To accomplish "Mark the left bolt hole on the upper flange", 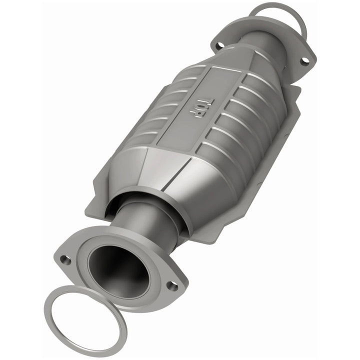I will coord(218,46).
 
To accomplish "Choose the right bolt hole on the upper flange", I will coord(304,61).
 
